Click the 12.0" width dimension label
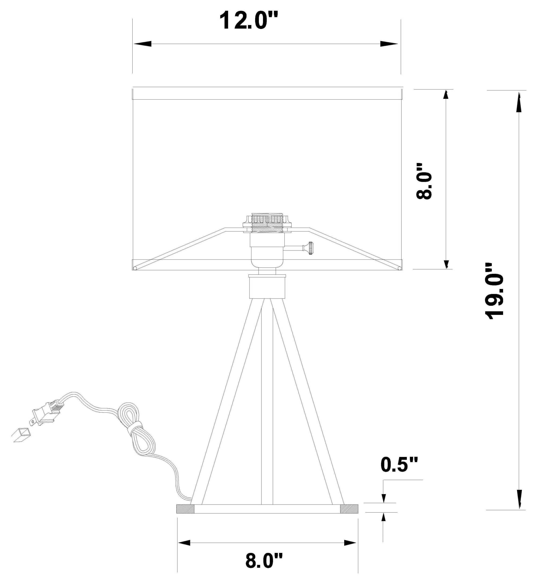249,21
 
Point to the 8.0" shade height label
424,181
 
